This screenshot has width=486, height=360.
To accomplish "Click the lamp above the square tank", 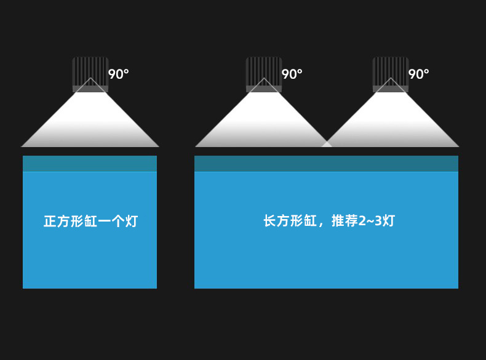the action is point(90,74).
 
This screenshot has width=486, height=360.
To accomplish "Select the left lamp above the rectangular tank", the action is point(264,74).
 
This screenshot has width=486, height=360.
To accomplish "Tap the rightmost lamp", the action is point(391,74).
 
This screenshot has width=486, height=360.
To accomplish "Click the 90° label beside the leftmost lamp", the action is point(119,74).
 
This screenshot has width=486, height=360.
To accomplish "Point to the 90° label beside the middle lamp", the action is point(292,74).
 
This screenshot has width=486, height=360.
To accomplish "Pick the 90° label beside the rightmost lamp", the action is point(419,74).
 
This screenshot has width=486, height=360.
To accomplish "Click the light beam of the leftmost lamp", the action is point(90,123).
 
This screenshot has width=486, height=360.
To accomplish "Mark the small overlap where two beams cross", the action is point(327,144).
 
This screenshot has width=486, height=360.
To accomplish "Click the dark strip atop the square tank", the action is point(90,164).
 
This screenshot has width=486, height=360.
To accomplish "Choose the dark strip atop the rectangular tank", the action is point(326,164).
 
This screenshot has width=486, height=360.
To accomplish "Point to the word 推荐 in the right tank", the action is point(345,221).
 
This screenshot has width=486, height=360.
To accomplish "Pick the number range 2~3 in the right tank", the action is point(370,221).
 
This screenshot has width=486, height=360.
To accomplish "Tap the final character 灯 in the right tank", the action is point(388,221).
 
